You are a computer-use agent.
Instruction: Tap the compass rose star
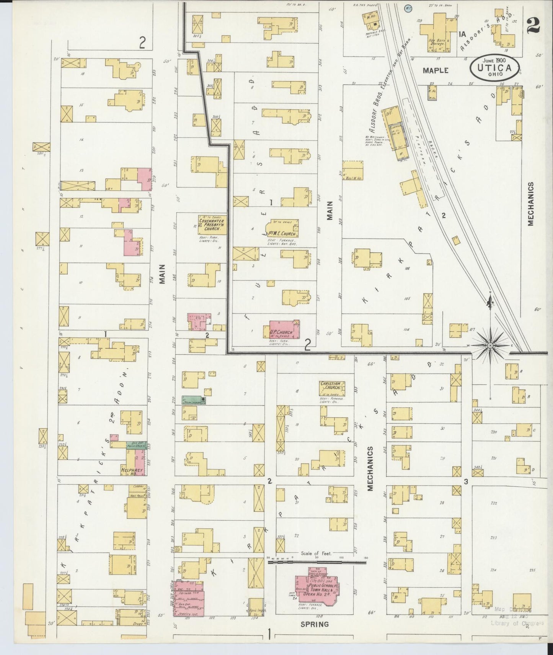point(490,346)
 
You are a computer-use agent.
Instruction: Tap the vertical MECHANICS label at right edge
point(530,204)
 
